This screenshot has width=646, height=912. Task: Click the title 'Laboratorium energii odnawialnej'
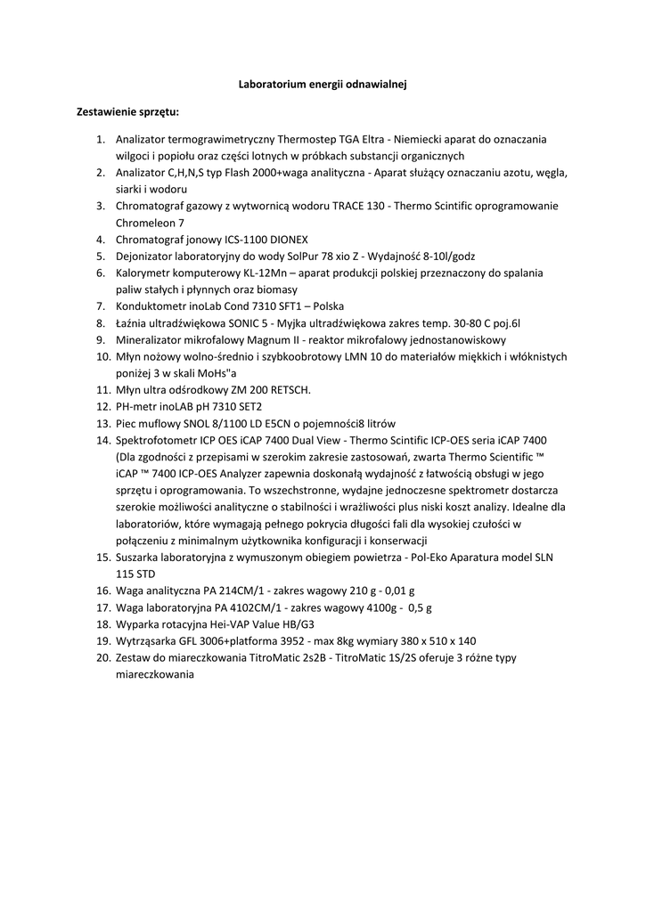click(323, 84)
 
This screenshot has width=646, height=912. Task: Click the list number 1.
click(101, 140)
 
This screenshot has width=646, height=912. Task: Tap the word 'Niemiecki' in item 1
click(419, 140)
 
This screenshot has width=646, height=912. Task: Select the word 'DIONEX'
click(285, 240)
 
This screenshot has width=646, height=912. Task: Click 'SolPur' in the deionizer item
click(304, 256)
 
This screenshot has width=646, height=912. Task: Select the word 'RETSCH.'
click(286, 390)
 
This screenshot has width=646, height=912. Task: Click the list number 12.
click(102, 406)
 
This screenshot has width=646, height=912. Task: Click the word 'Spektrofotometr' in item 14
click(157, 440)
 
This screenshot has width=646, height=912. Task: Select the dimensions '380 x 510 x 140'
click(424, 640)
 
